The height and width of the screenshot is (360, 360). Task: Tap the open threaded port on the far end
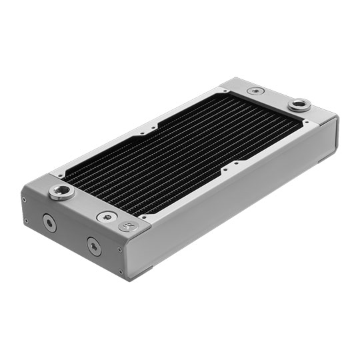(299, 104)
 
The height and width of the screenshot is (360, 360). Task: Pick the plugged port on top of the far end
(254, 91)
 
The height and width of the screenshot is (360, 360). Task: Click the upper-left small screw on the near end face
(25, 199)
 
